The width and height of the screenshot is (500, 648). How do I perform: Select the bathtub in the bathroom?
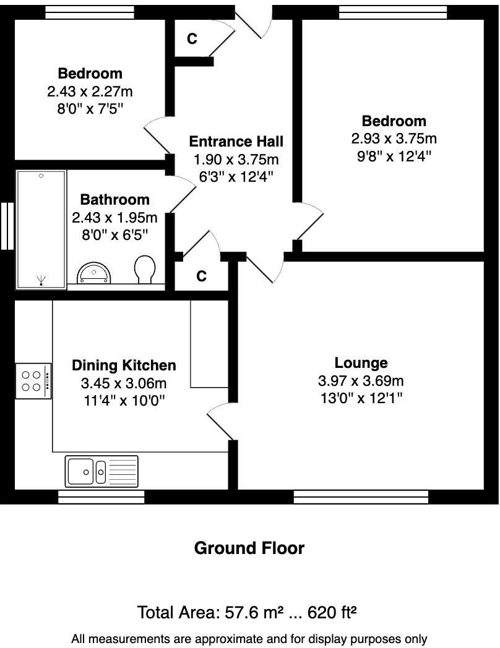click(x=41, y=229)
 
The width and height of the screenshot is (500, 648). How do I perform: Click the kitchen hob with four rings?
click(x=33, y=381)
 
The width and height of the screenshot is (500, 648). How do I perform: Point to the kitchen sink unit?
click(x=101, y=472)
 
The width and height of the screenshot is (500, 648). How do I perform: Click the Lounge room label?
click(x=361, y=363)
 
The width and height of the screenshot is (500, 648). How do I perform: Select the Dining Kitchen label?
click(x=124, y=365)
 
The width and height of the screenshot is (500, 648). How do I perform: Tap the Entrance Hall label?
click(x=236, y=142)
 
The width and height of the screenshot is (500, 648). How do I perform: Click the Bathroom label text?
click(x=115, y=200)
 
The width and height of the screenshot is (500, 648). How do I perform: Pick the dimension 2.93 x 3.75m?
click(x=394, y=139)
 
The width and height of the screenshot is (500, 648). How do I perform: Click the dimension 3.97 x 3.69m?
click(x=361, y=381)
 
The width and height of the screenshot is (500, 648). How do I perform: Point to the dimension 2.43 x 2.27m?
click(x=90, y=92)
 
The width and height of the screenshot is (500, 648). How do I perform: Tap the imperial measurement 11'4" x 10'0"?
click(x=124, y=400)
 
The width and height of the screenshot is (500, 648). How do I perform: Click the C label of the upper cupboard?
click(x=192, y=38)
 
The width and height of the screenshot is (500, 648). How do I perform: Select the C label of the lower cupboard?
click(x=201, y=276)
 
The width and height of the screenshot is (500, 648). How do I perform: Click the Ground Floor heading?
click(x=249, y=548)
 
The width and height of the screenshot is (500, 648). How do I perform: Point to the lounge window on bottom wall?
click(x=361, y=497)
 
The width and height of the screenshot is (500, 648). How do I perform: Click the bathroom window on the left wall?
click(x=6, y=226)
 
